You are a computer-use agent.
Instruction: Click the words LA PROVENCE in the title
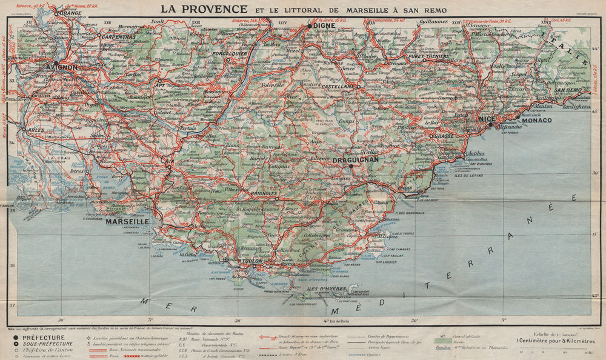[x=204, y=9]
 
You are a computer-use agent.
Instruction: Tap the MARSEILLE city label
[x=127, y=222]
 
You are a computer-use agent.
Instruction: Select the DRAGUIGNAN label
[x=356, y=159]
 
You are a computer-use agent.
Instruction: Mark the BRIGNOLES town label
[x=264, y=193]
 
